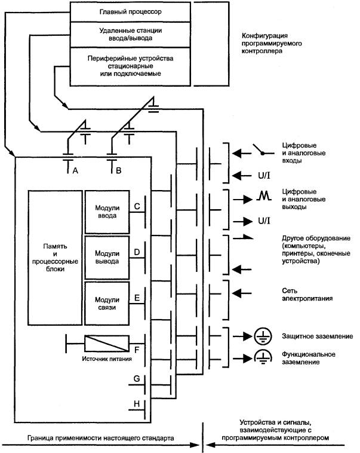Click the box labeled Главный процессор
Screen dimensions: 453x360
121,11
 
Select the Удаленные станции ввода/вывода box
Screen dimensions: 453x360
121,34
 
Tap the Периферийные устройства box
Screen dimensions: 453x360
121,64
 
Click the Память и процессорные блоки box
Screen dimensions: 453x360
54,256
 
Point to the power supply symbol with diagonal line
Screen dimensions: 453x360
107,343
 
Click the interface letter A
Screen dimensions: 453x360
75,171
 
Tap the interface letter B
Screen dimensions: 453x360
118,171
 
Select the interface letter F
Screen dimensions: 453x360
137,349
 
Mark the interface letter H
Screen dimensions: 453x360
137,405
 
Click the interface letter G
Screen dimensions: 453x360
137,379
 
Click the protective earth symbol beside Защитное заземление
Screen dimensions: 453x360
261,336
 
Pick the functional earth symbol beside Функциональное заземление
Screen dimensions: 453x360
261,358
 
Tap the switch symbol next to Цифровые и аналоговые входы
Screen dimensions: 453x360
259,152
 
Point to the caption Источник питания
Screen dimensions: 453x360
106,360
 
